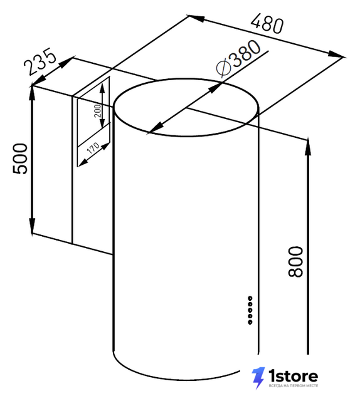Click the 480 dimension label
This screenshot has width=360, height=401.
coord(267,24)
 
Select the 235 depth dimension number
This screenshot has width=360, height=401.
coord(40,63)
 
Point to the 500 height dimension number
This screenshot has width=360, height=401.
coord(20,159)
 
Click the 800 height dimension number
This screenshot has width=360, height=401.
coord(295,261)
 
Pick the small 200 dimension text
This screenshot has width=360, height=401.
coord(98,111)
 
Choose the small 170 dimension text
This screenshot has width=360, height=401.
coord(93,148)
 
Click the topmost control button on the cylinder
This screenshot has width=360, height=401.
coord(250,298)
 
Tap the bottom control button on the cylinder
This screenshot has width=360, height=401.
coord(250,322)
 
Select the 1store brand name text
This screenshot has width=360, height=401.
coord(293,376)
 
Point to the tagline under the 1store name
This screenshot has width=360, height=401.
coord(293,386)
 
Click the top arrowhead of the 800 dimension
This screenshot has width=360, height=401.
coord(308,146)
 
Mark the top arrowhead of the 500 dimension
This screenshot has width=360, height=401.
coord(32,95)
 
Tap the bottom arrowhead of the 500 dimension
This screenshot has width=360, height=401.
coord(32,225)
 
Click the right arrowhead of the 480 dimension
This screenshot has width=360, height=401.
coord(335,55)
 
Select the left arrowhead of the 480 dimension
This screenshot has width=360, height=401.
coord(196,18)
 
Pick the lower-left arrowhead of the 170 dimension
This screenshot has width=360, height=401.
coord(82,163)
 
